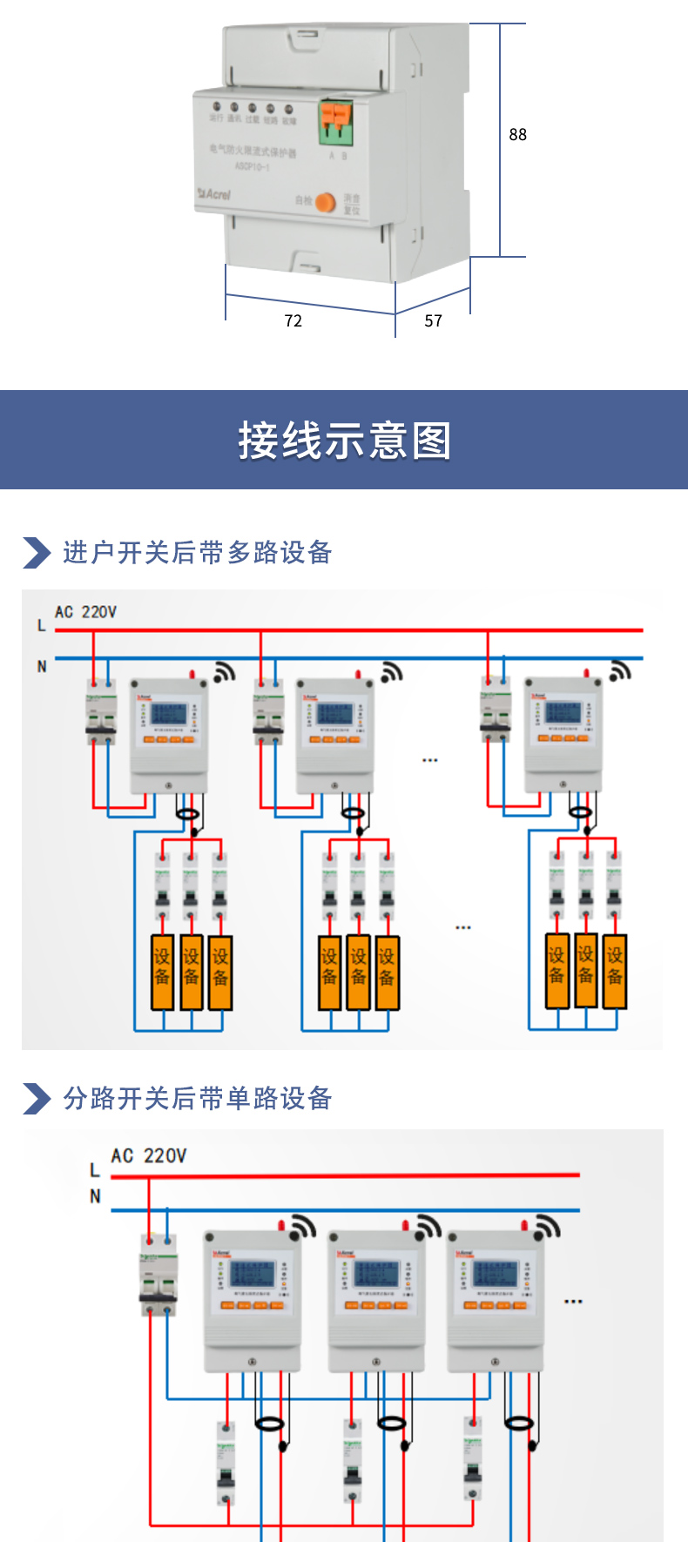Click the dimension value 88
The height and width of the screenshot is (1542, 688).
517,134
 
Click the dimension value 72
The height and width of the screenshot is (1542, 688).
293,321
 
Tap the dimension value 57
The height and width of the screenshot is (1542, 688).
434,321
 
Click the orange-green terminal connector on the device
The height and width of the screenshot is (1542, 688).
336,122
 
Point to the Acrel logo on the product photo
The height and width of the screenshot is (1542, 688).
214,193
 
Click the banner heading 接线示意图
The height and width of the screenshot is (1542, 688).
345,441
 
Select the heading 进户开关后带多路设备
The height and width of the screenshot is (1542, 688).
198,553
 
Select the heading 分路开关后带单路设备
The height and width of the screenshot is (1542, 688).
198,1099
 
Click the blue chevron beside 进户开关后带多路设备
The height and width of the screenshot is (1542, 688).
37,553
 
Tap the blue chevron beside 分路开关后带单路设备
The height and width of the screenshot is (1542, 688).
37,1099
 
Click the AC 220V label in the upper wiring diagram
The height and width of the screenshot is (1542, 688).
85,612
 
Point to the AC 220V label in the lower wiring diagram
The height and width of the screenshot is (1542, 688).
148,1156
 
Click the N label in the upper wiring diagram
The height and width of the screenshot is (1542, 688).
42,666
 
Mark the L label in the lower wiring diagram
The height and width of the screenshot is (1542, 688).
95,1170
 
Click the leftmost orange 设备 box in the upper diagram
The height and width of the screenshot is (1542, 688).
163,972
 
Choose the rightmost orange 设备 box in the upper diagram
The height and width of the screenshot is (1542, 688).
615,970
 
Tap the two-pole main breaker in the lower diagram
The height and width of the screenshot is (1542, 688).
159,1276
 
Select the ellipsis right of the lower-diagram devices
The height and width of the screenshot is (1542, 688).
573,1302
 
